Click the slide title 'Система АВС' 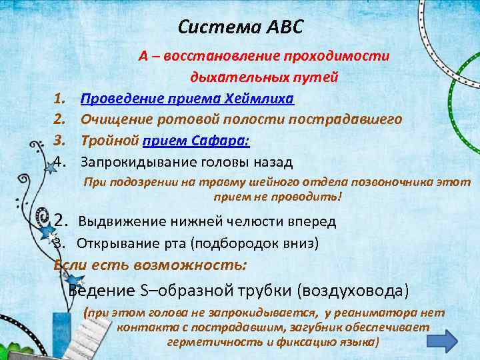point(241,27)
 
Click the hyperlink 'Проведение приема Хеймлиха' point(187,99)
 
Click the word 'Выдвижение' point(118,221)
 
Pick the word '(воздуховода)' point(353,291)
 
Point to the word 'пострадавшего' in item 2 point(353,119)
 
